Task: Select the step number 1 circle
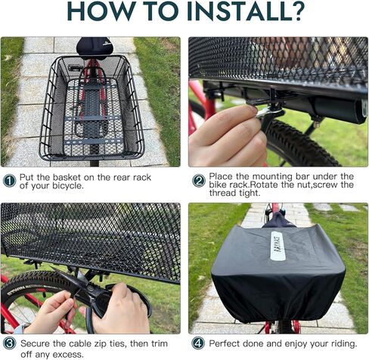[10, 181]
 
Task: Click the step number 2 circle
[199, 181]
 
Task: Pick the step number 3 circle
[10, 343]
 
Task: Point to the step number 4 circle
[198, 343]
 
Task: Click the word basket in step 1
[67, 177]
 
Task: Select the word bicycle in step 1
[67, 186]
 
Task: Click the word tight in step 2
[250, 193]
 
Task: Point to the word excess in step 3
[67, 354]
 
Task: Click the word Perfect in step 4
[224, 343]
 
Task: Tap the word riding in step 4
[343, 343]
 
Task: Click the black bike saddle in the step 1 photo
[94, 48]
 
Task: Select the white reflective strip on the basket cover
[278, 246]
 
